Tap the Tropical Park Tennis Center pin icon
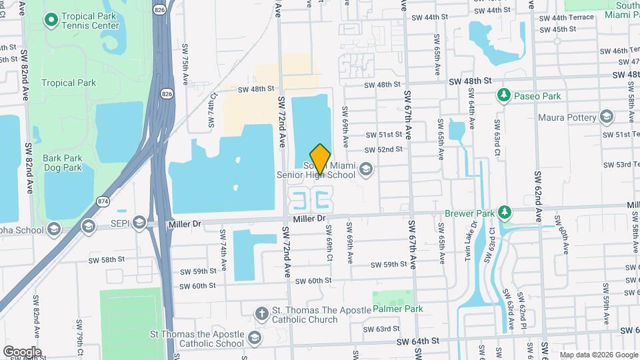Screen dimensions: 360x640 pos(51,20)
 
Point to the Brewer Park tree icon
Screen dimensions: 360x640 pos(505,213)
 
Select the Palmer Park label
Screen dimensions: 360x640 pos(393,309)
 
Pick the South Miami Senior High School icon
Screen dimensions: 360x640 pos(365,169)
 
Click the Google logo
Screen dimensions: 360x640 pos(22,351)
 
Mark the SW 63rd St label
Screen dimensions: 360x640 pos(382,329)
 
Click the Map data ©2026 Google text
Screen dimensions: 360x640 pos(598,355)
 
